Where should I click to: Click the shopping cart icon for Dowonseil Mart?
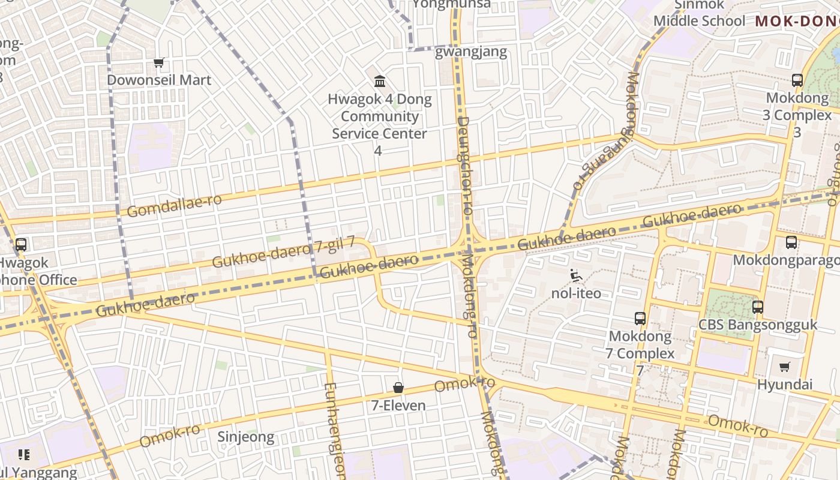click(x=159, y=62)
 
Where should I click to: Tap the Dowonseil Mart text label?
click(x=159, y=80)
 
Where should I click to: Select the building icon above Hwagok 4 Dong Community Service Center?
click(x=380, y=82)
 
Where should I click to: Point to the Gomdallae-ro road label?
click(x=174, y=206)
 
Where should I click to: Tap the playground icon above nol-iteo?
click(x=575, y=275)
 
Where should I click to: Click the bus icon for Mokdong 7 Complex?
click(x=640, y=319)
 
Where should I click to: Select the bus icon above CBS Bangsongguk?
click(x=758, y=307)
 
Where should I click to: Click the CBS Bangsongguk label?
click(x=758, y=325)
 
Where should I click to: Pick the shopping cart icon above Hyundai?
click(x=785, y=367)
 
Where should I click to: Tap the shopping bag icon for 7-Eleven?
click(x=398, y=388)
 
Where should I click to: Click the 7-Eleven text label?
click(x=398, y=406)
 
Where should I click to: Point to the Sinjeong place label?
click(x=245, y=437)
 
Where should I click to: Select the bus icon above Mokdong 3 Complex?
click(x=797, y=80)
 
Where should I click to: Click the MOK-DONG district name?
click(x=797, y=22)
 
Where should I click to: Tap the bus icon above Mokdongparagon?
click(x=791, y=242)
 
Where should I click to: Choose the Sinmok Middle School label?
click(x=700, y=13)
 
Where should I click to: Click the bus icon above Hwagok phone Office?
click(x=21, y=245)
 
